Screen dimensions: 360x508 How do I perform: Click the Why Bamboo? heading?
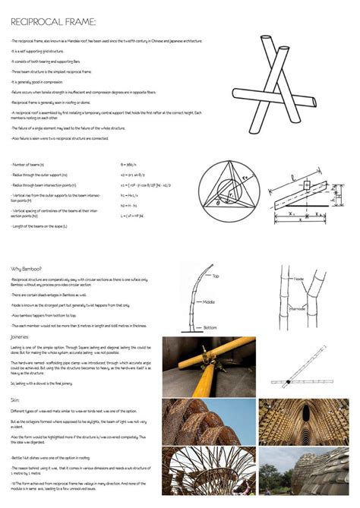(26, 269)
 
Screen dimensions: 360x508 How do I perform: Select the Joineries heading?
(21, 336)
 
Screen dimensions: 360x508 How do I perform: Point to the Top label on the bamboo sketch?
(216, 276)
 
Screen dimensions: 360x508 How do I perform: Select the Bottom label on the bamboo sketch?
(210, 327)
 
